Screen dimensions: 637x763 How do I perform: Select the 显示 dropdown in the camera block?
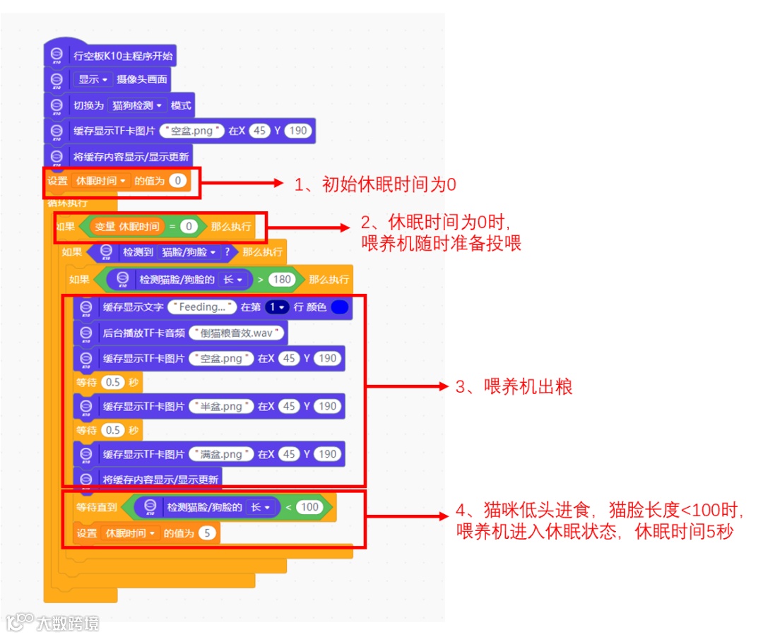(x=93, y=80)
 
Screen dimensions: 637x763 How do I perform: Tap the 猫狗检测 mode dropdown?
(x=137, y=105)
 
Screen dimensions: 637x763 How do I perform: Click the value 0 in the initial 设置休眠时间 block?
(x=178, y=181)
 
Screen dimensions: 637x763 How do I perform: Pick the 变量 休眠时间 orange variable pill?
(x=127, y=227)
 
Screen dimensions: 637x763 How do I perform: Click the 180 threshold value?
(x=282, y=279)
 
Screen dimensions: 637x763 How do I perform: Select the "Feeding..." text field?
(x=202, y=307)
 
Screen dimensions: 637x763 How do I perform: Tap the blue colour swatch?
(x=340, y=307)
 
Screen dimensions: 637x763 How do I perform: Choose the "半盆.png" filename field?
(x=221, y=406)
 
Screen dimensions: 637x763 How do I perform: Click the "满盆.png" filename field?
(x=221, y=454)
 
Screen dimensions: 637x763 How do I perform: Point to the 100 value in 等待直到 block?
(x=309, y=507)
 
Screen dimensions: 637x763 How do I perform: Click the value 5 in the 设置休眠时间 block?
(x=207, y=533)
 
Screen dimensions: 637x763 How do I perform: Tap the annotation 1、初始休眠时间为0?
(x=375, y=185)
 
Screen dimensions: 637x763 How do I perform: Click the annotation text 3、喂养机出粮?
(x=514, y=386)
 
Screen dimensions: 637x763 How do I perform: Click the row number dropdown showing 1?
(x=277, y=307)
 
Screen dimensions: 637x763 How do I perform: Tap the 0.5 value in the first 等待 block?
(x=112, y=382)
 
